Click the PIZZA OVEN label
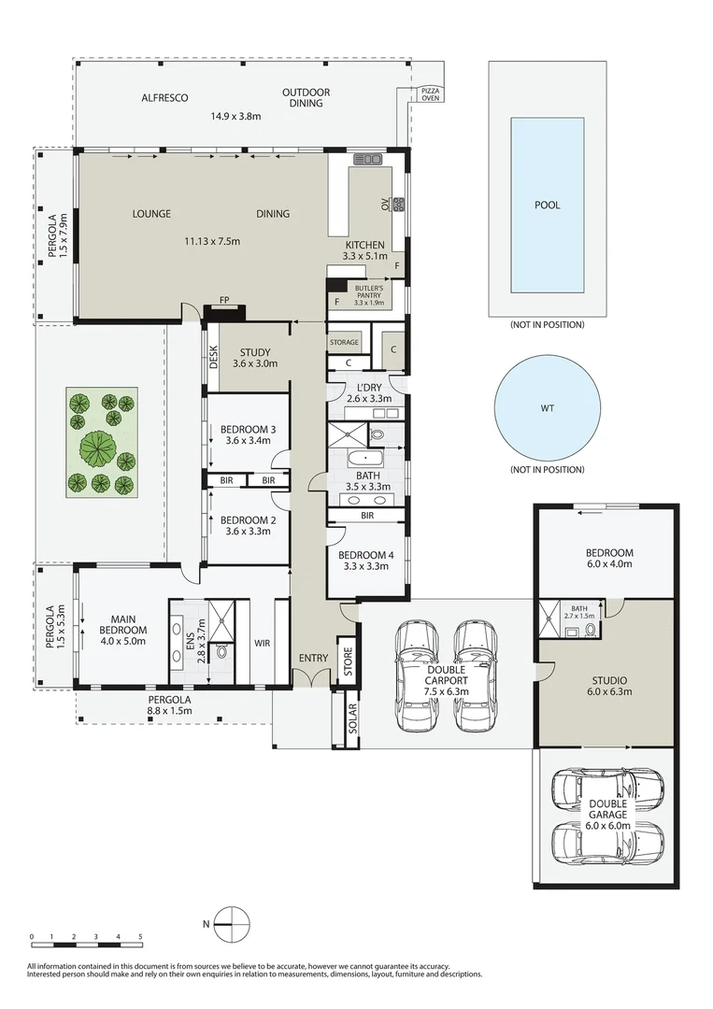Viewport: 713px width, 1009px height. pyautogui.click(x=431, y=94)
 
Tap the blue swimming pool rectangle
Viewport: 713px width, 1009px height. pyautogui.click(x=548, y=205)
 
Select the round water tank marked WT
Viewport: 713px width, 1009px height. pyautogui.click(x=547, y=408)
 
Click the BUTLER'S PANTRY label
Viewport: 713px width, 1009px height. pyautogui.click(x=369, y=291)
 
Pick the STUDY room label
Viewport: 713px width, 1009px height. pyautogui.click(x=255, y=352)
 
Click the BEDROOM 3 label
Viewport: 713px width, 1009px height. pyautogui.click(x=248, y=429)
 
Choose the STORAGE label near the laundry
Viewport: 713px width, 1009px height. pyautogui.click(x=344, y=342)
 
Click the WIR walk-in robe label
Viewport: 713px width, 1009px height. pyautogui.click(x=262, y=643)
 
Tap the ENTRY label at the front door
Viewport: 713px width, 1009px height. pyautogui.click(x=313, y=658)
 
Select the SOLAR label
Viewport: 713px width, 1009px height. pyautogui.click(x=353, y=718)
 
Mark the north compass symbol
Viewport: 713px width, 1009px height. pyautogui.click(x=231, y=923)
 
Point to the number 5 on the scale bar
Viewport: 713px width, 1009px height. pyautogui.click(x=140, y=936)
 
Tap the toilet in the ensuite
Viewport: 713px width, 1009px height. pyautogui.click(x=222, y=652)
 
